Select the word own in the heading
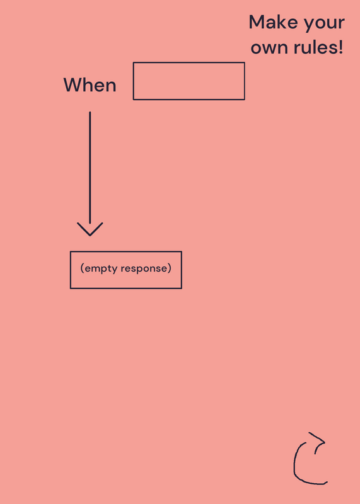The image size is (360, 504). (x=269, y=48)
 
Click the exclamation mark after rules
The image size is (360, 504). (x=340, y=47)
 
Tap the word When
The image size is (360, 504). (x=90, y=85)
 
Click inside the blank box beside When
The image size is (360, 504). (x=189, y=81)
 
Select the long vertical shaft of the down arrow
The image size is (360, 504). (x=90, y=168)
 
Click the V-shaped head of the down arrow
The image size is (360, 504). (x=90, y=229)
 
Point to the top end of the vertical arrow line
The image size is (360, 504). (x=90, y=112)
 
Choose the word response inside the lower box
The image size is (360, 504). (x=144, y=269)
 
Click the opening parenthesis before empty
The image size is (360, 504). (x=82, y=268)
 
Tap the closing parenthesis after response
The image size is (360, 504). (x=170, y=268)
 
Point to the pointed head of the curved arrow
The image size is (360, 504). (x=324, y=442)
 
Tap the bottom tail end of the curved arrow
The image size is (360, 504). (x=327, y=482)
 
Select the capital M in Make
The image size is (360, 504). (x=257, y=23)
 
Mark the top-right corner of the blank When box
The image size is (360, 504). (x=245, y=62)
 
